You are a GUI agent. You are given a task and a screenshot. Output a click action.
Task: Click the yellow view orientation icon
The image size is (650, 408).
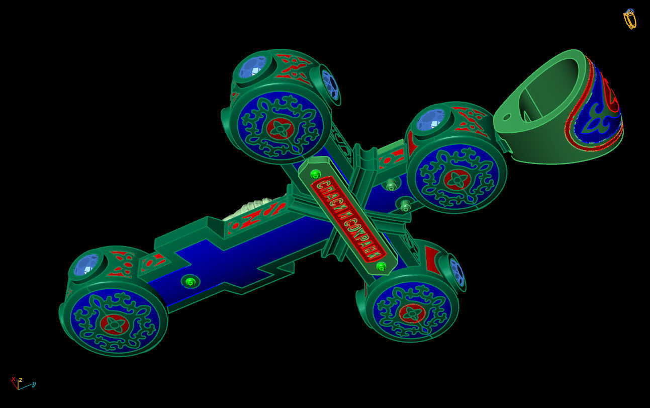click(629, 19)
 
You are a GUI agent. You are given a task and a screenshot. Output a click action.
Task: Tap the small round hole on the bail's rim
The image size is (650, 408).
click(507, 117)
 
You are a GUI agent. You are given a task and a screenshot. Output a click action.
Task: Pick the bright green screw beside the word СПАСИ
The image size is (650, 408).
click(316, 175)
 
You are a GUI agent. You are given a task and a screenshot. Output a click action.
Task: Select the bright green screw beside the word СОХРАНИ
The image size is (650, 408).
click(381, 266)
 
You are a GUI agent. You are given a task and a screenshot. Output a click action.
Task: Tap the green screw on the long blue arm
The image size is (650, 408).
click(190, 282)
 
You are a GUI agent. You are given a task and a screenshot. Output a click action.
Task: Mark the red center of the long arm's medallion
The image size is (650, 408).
click(115, 324)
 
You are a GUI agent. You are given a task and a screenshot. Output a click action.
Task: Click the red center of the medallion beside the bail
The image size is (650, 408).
click(457, 180)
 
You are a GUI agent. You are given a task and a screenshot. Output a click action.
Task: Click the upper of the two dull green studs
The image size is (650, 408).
click(391, 186)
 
